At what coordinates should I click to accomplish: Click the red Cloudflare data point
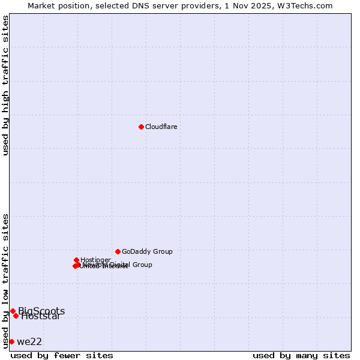[141, 127]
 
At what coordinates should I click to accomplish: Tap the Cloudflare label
[161, 127]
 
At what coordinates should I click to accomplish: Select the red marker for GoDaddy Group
[118, 251]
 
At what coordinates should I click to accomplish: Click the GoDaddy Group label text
[147, 252]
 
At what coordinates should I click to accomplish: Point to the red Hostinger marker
[76, 260]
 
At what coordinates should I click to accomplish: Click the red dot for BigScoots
[13, 311]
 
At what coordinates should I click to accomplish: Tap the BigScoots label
[41, 311]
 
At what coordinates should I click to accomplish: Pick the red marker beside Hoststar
[16, 316]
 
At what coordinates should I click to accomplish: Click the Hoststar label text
[41, 317]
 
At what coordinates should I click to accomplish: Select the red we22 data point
[11, 341]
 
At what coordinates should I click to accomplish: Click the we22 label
[29, 342]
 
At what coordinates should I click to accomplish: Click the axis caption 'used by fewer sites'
[62, 356]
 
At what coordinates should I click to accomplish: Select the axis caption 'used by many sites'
[301, 356]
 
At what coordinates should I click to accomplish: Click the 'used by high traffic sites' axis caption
[6, 85]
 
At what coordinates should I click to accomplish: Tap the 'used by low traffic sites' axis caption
[6, 280]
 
